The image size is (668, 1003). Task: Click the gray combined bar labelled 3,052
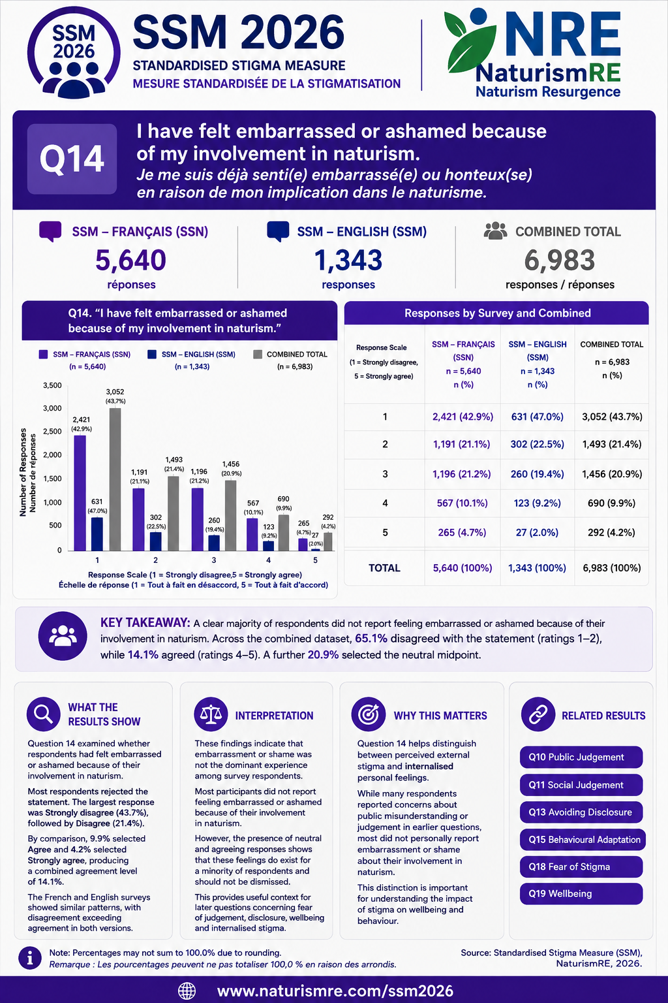[115, 479]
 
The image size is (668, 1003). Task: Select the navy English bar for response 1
[97, 533]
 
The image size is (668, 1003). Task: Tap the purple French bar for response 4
[252, 534]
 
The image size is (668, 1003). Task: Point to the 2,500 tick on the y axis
[52, 431]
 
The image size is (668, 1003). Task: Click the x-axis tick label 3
[214, 560]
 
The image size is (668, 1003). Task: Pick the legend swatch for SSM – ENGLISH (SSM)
[152, 354]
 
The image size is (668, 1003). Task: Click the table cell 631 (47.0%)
[537, 417]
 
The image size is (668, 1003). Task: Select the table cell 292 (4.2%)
[611, 532]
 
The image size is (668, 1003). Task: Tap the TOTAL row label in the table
[384, 567]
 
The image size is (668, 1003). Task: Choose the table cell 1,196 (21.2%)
[462, 473]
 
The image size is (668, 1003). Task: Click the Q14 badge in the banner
[72, 159]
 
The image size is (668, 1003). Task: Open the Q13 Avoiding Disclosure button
[581, 812]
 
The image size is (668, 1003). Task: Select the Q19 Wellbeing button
[581, 893]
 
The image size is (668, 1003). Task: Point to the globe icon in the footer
[187, 991]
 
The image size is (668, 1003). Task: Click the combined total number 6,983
[559, 260]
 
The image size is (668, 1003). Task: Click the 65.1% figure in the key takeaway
[371, 639]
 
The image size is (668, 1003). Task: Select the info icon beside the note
[30, 959]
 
